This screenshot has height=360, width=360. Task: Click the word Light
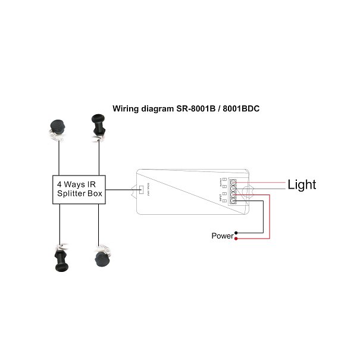pyautogui.click(x=302, y=184)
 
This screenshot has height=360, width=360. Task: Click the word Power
pyautogui.click(x=221, y=236)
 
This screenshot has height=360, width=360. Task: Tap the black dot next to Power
pyautogui.click(x=236, y=233)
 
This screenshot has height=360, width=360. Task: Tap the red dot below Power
pyautogui.click(x=236, y=239)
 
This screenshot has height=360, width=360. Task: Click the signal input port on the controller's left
pyautogui.click(x=139, y=190)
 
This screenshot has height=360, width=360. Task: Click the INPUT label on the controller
pyautogui.click(x=221, y=198)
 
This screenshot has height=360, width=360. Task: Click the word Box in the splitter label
pyautogui.click(x=95, y=194)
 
